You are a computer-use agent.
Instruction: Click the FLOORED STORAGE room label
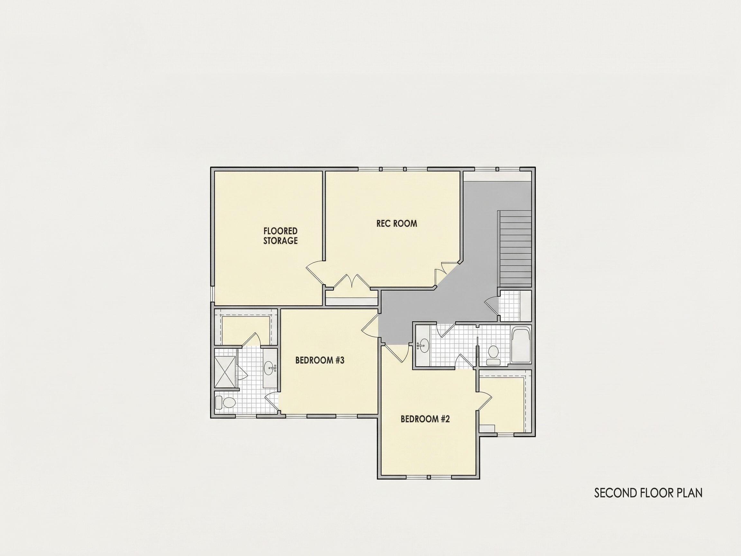coord(280,236)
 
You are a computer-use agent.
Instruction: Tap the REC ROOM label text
coord(397,224)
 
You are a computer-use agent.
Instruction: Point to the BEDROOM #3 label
coord(320,360)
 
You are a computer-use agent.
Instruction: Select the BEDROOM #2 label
coord(425,419)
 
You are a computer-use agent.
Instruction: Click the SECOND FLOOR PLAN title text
coord(648,493)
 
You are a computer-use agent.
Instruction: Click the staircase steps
coord(515,248)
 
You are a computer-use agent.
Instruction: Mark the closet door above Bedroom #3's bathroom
coord(250,339)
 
